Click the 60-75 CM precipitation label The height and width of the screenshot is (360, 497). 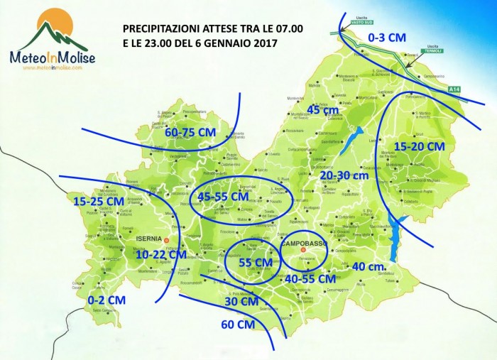(x=190, y=133)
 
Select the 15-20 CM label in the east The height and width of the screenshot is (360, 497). (x=419, y=146)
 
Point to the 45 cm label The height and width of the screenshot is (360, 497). (x=323, y=109)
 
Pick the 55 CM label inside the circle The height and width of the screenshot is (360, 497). (x=254, y=263)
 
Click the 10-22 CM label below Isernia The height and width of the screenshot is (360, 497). (x=161, y=253)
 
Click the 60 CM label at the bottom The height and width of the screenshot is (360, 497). (x=238, y=324)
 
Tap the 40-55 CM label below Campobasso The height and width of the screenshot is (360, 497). (x=310, y=279)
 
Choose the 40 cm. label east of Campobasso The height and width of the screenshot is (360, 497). (x=368, y=266)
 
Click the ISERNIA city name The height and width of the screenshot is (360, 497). (x=150, y=239)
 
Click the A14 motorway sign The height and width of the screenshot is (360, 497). (x=454, y=89)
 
